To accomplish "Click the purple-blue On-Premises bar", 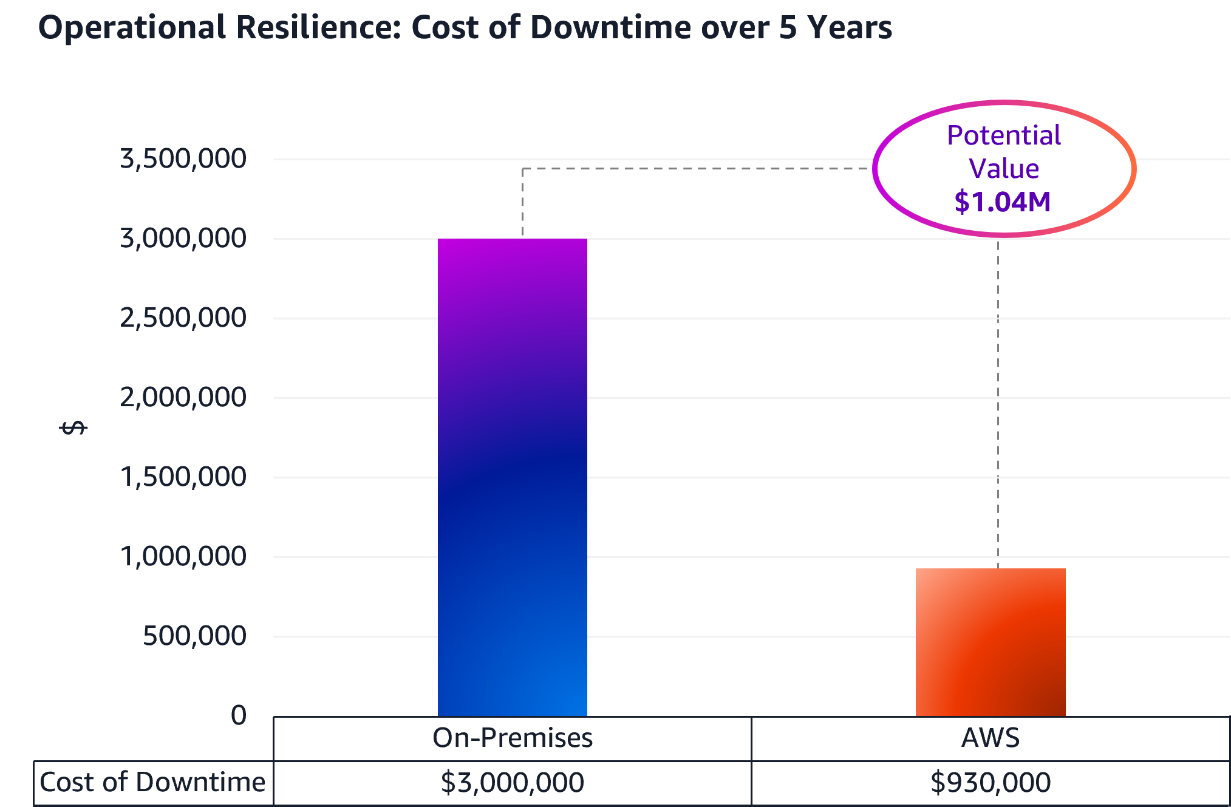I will click(512, 477).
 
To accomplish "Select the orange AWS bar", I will click(991, 642).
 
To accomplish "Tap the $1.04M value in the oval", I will click(1002, 202).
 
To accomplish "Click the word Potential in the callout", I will click(1003, 135).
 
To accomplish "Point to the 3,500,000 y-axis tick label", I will click(183, 158).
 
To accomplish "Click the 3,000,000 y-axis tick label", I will click(183, 238).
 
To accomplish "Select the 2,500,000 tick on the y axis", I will click(183, 318).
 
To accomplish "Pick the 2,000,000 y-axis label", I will click(183, 397).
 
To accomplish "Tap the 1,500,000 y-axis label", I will click(183, 477).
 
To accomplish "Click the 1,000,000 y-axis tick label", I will click(183, 556).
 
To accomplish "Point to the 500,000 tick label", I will click(194, 636).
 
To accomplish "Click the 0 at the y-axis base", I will click(239, 715).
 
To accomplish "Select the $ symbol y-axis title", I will click(73, 428).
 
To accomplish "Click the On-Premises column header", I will click(512, 738).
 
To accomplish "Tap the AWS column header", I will click(991, 738).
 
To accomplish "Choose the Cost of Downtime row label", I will click(152, 782).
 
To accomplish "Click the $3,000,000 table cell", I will click(512, 782).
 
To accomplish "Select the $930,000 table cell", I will click(991, 782).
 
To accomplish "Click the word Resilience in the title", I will click(318, 27).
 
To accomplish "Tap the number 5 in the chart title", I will click(788, 27).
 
